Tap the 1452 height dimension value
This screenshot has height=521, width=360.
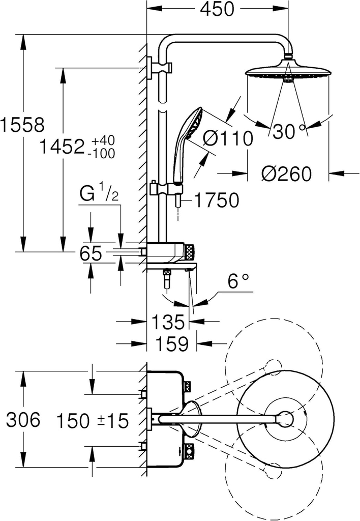[62, 148]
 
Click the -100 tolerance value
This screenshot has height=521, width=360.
[102, 153]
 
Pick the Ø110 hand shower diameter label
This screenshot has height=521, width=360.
[228, 138]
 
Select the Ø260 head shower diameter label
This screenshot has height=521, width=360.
[286, 175]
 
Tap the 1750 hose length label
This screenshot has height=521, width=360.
[216, 200]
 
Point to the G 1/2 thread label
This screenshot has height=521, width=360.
[100, 194]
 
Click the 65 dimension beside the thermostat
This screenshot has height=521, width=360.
[92, 253]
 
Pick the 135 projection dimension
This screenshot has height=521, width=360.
[167, 322]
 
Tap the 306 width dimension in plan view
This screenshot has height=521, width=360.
[22, 420]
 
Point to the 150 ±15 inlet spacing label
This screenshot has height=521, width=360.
[92, 421]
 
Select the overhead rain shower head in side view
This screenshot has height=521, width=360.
[287, 73]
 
